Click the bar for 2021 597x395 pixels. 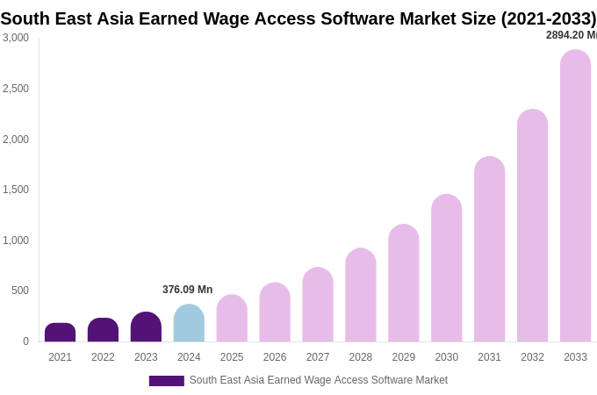pos(60,333)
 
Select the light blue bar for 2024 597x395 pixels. pos(189,323)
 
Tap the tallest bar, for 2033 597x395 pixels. pos(575,196)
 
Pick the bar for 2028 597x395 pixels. pos(360,295)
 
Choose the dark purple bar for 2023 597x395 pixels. pos(146,327)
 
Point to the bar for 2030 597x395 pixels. pos(446,268)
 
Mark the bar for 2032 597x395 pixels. pos(532,226)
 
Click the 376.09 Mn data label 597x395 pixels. pos(187,290)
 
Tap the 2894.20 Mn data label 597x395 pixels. pos(571,35)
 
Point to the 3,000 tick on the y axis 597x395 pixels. pos(16,38)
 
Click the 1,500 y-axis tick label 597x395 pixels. pos(16,190)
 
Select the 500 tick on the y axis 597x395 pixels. pos(20,291)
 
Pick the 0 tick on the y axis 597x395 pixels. pos(25,341)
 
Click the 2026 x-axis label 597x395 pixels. pos(275,357)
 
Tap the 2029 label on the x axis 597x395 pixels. pos(403,357)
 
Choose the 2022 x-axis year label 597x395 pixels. pos(103,357)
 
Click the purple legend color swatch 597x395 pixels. pos(166,381)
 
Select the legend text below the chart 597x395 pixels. pos(318,380)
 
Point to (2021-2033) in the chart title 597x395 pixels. pos(548,18)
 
